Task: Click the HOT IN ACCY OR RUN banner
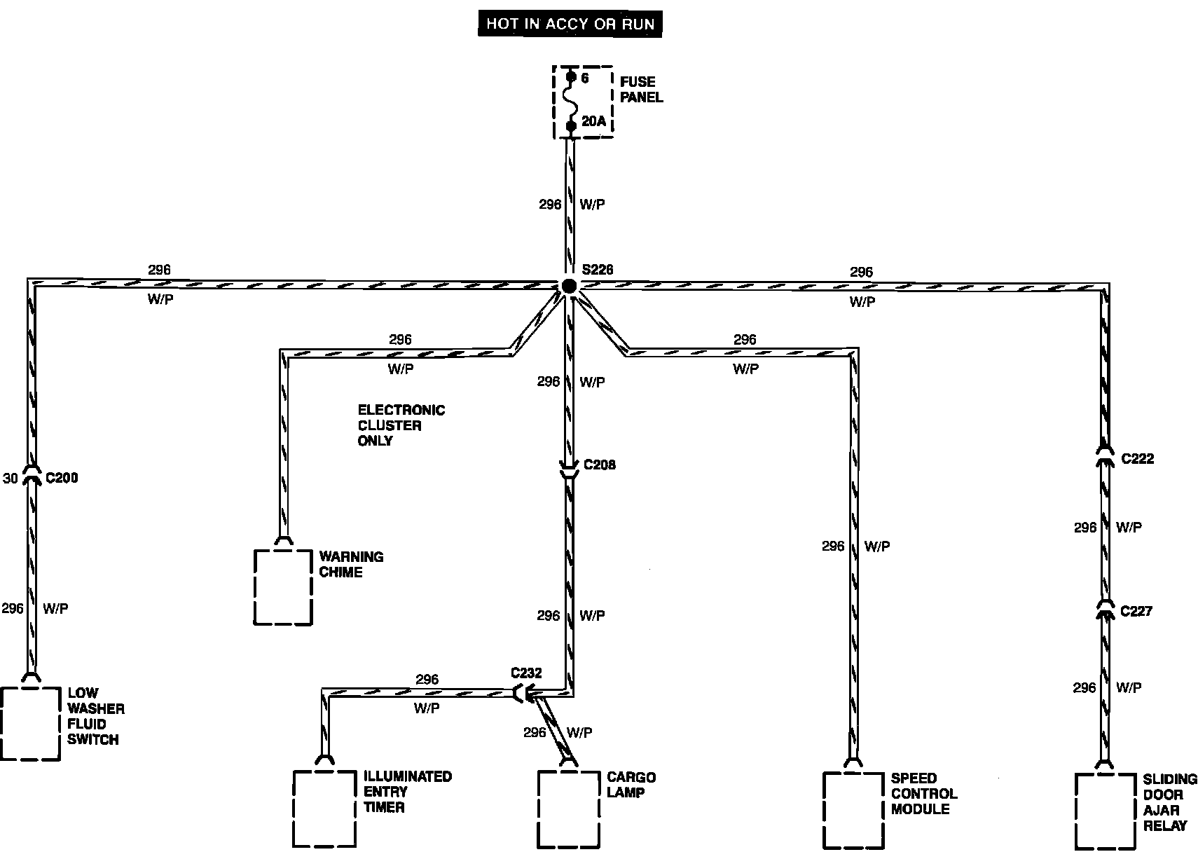(570, 24)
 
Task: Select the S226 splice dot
(569, 285)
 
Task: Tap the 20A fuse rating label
(593, 121)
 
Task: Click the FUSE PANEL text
(641, 90)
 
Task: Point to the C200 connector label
(62, 478)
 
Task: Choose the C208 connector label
(600, 465)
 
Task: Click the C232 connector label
(526, 673)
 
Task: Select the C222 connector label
(1138, 459)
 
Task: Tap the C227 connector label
(1136, 611)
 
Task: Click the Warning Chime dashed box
(282, 587)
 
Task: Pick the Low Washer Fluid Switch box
(30, 724)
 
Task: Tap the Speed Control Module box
(853, 809)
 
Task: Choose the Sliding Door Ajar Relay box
(1105, 811)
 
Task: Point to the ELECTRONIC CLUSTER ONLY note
(401, 425)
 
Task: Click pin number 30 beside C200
(11, 479)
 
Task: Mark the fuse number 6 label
(585, 78)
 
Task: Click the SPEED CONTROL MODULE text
(923, 793)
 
